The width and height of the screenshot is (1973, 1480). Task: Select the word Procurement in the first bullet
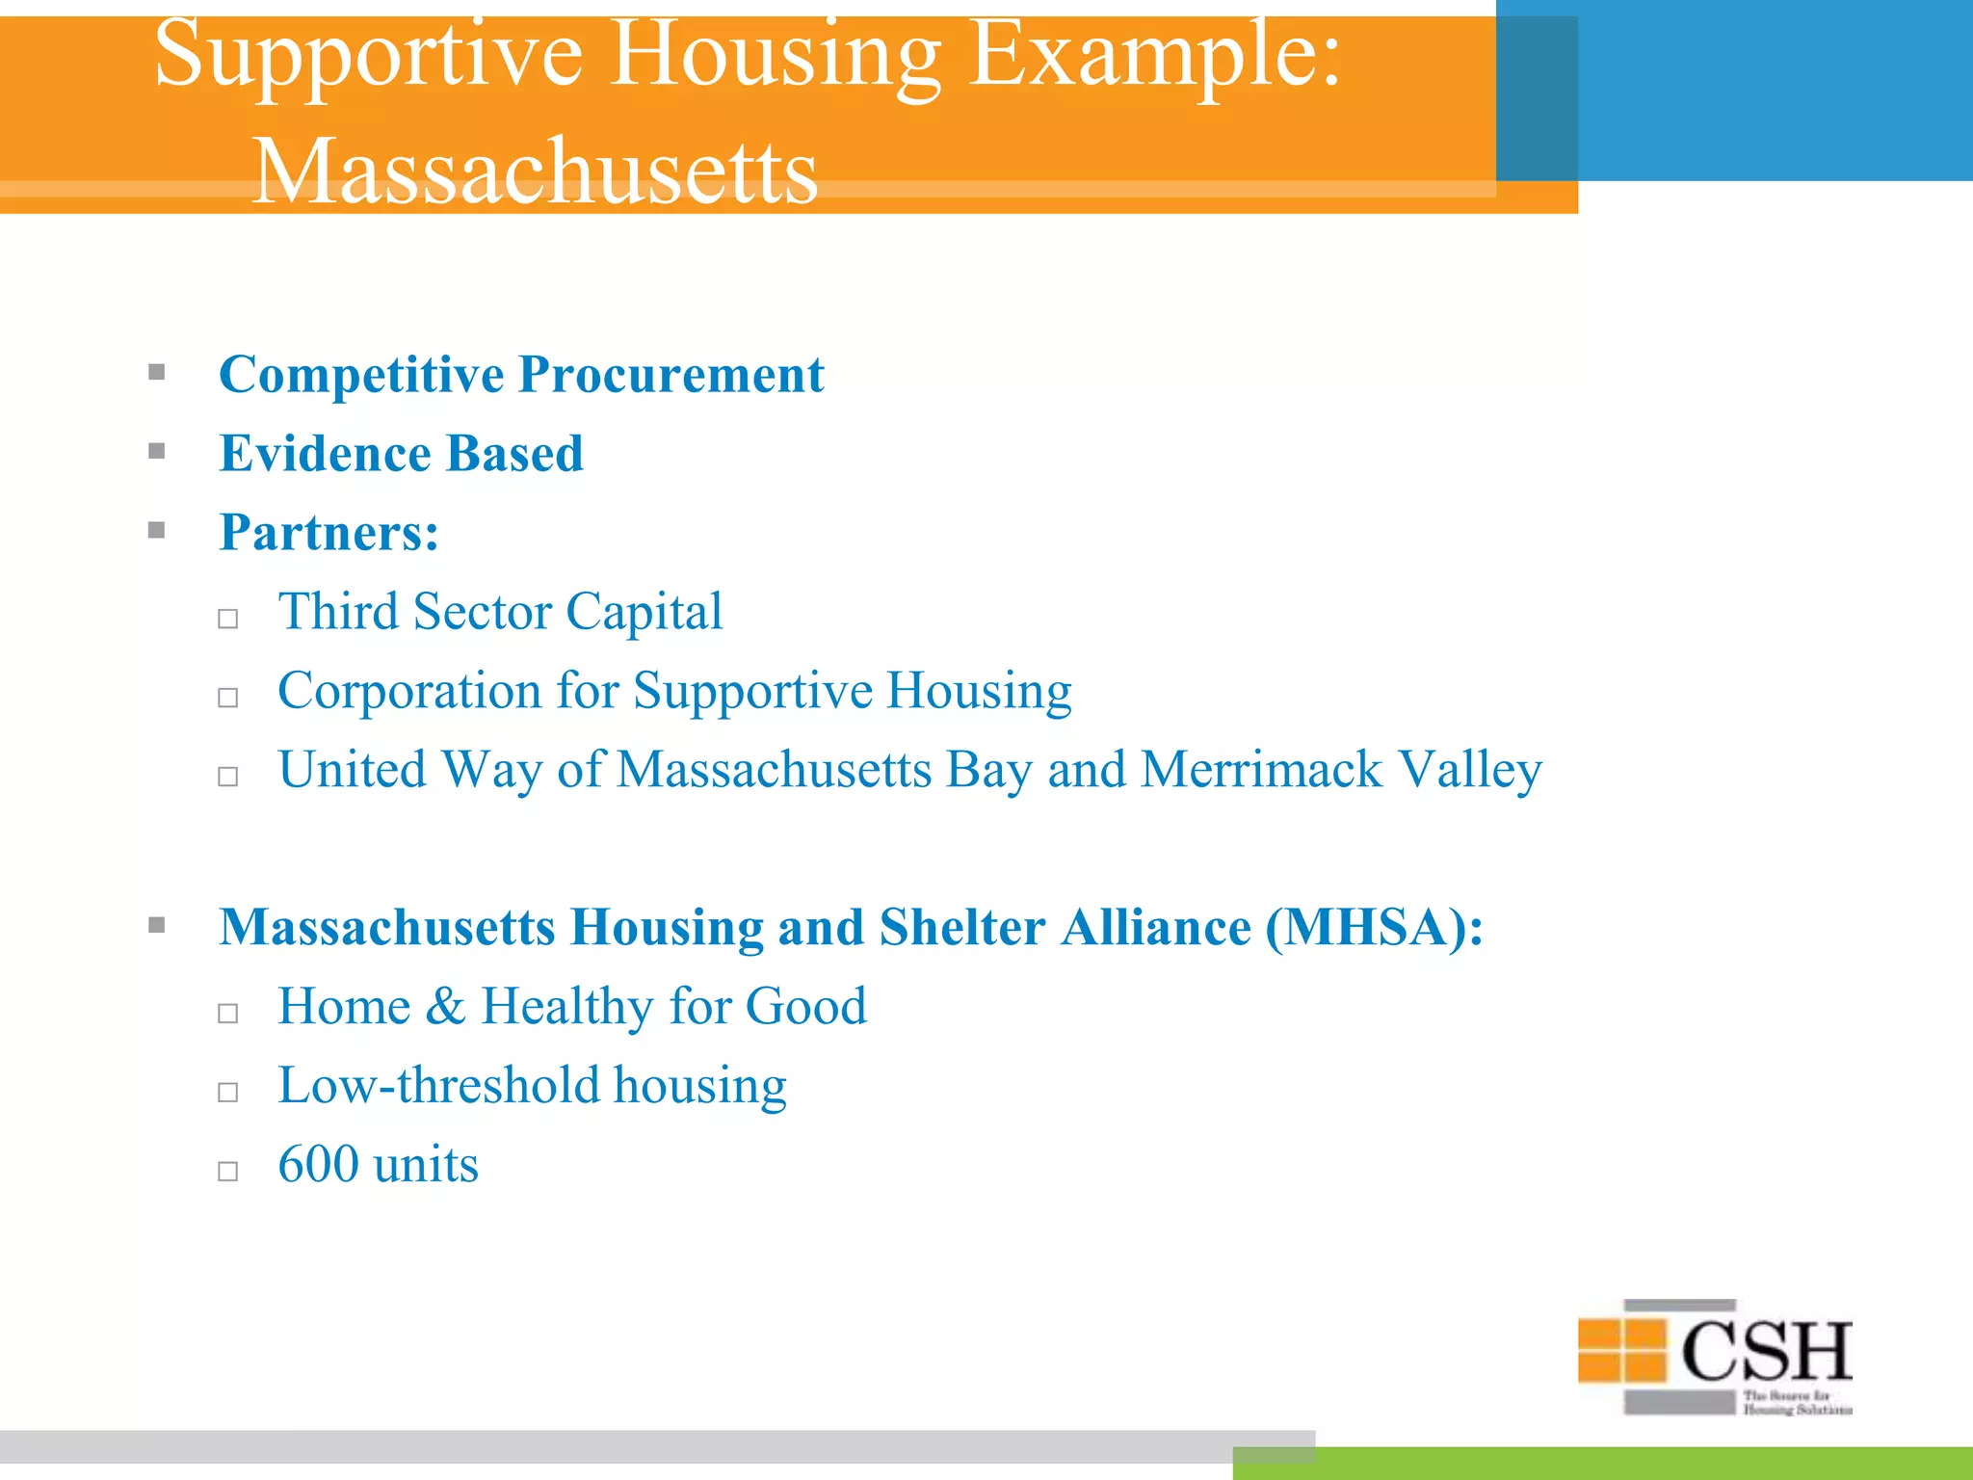tap(671, 375)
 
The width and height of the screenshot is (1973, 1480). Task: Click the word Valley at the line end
tap(1470, 771)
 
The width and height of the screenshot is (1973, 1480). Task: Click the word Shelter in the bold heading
tap(961, 928)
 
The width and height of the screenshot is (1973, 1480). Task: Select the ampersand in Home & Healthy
tap(445, 1007)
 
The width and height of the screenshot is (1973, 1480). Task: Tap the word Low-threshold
tap(437, 1086)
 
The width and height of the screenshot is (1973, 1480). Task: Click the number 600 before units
tap(318, 1165)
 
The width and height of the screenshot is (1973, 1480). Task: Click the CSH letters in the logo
tap(1766, 1351)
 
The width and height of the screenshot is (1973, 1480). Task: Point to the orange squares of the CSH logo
tap(1622, 1350)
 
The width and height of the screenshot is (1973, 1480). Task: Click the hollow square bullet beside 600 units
tap(228, 1172)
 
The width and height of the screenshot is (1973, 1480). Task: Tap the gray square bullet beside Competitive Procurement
tap(157, 372)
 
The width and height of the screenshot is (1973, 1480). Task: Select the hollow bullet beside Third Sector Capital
tap(228, 619)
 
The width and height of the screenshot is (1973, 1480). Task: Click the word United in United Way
tap(352, 771)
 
